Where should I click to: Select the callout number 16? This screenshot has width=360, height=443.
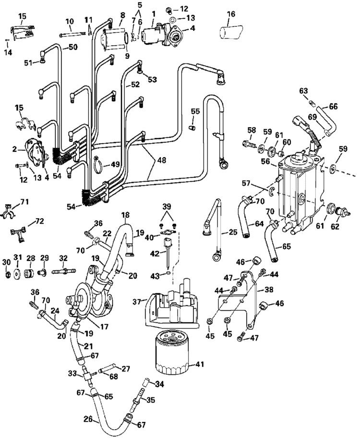(231, 14)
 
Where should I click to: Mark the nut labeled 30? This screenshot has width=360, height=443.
(7, 275)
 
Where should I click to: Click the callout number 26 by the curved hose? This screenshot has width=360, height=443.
(88, 419)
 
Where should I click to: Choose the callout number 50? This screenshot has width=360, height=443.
(73, 47)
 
